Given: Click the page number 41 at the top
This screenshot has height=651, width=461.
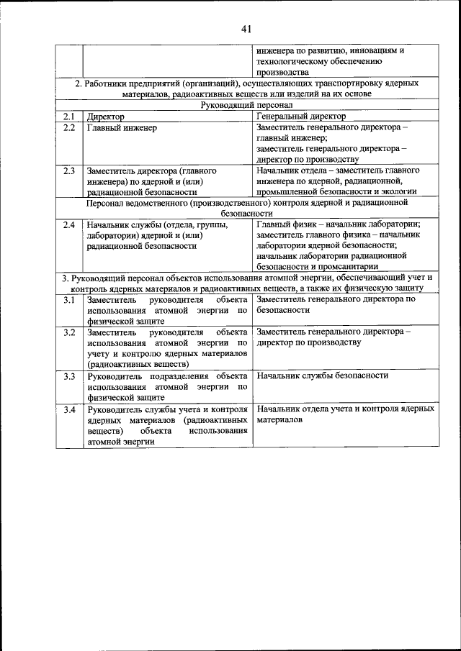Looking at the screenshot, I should (x=246, y=29).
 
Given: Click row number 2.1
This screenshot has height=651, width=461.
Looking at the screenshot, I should (x=68, y=116).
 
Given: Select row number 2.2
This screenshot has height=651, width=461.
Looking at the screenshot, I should (x=68, y=127).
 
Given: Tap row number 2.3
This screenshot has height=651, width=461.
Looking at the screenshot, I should (x=68, y=171).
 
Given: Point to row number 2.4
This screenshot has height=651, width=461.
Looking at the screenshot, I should (x=68, y=224).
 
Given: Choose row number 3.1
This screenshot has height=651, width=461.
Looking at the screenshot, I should (x=68, y=299).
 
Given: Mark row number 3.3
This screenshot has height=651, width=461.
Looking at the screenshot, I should (x=68, y=375).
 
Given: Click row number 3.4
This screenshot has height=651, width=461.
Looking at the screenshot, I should (x=68, y=409).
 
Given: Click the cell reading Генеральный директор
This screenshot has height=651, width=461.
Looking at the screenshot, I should (x=300, y=116).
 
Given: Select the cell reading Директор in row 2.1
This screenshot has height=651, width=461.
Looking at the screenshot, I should (x=106, y=116).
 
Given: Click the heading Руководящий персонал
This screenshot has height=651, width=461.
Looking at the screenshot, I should (x=246, y=105).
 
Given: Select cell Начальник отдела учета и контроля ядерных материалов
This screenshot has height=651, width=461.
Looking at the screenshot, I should (x=345, y=414).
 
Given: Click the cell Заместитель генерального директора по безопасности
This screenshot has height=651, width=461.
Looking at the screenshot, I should (x=336, y=304).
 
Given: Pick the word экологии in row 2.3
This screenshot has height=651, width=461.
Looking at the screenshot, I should (x=398, y=192).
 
